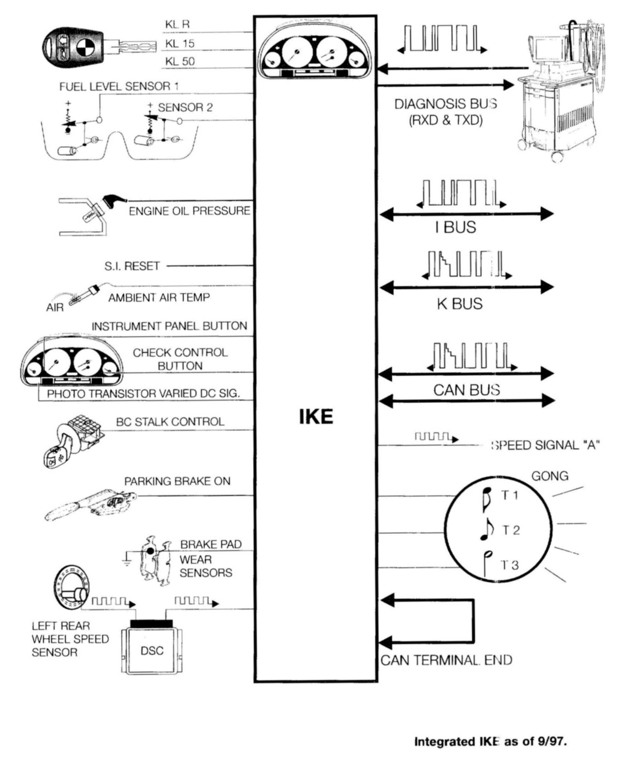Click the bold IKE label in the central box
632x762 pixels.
click(316, 416)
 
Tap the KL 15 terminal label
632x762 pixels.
click(180, 44)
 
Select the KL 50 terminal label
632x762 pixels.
click(180, 61)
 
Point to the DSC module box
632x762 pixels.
click(152, 651)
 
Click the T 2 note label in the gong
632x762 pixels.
click(511, 531)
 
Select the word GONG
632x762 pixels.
click(550, 476)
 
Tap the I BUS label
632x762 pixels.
click(456, 227)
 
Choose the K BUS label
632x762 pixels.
click(460, 304)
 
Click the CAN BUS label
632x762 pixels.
click(466, 390)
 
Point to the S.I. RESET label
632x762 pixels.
click(132, 266)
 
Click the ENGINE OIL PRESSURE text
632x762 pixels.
click(189, 211)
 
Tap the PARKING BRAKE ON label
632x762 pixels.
click(177, 481)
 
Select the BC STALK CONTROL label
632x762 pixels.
click(170, 422)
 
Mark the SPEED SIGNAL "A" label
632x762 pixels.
click(545, 445)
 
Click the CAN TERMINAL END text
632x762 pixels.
click(446, 660)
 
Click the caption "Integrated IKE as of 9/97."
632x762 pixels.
click(490, 741)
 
